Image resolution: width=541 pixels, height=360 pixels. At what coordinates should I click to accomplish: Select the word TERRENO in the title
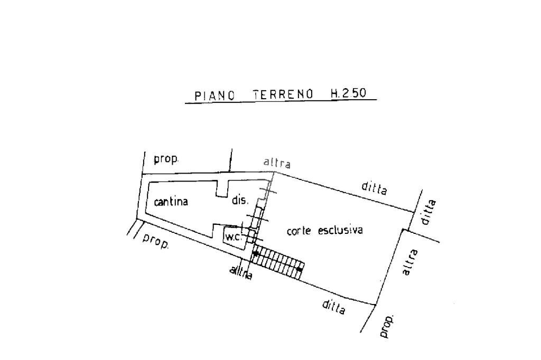pyautogui.click(x=283, y=95)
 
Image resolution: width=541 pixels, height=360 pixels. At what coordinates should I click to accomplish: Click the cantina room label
pyautogui.click(x=171, y=202)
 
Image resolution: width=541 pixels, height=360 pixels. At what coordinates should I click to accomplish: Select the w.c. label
pyautogui.click(x=233, y=238)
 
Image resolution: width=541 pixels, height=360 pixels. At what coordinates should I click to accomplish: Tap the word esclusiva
pyautogui.click(x=340, y=230)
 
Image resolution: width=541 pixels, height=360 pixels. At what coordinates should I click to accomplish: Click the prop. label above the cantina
pyautogui.click(x=166, y=159)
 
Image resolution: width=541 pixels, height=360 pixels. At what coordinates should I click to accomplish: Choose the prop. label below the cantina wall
pyautogui.click(x=156, y=241)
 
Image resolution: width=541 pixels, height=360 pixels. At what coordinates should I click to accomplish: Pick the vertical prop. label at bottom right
pyautogui.click(x=388, y=326)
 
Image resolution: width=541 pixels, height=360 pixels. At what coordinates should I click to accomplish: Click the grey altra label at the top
pyautogui.click(x=277, y=163)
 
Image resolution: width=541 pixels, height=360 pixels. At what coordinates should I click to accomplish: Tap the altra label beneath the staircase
pyautogui.click(x=241, y=273)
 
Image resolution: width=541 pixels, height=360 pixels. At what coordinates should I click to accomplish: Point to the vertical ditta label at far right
pyautogui.click(x=430, y=212)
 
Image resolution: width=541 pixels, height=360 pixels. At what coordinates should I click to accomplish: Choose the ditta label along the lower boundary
pyautogui.click(x=334, y=307)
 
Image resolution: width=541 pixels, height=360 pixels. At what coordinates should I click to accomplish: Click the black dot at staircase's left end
pyautogui.click(x=256, y=253)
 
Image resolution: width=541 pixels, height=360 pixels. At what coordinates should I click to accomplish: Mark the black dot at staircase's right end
pyautogui.click(x=299, y=270)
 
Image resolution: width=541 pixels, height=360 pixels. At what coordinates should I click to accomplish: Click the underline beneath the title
pyautogui.click(x=280, y=102)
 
